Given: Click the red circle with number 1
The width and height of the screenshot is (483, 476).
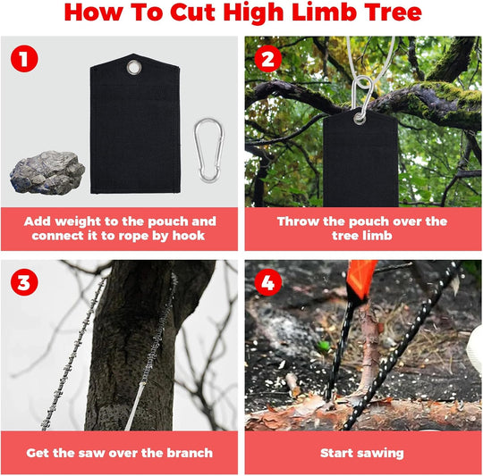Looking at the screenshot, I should click(23, 62).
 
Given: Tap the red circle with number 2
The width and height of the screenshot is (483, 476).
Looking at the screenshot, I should click(267, 62).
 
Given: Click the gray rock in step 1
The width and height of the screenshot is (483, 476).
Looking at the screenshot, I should click(47, 171).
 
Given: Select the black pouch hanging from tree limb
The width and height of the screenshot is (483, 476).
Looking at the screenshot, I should click(360, 161).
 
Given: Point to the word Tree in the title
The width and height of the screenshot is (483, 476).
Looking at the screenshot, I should click(384, 13).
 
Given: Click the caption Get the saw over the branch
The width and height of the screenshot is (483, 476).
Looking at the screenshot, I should click(119, 453).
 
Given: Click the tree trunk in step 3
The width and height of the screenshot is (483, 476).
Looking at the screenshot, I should click(134, 357).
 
